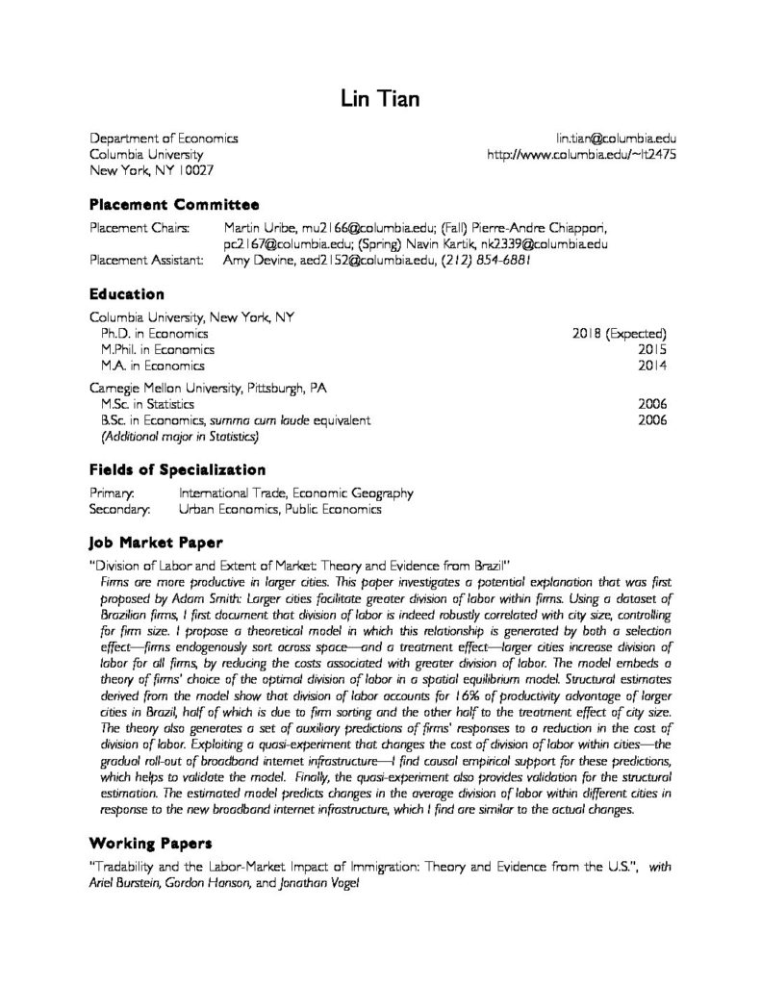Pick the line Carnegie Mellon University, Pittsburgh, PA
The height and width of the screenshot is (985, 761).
tap(208, 389)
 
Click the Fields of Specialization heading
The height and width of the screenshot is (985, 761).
tap(177, 469)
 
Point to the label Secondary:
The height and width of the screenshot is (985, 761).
tap(119, 510)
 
